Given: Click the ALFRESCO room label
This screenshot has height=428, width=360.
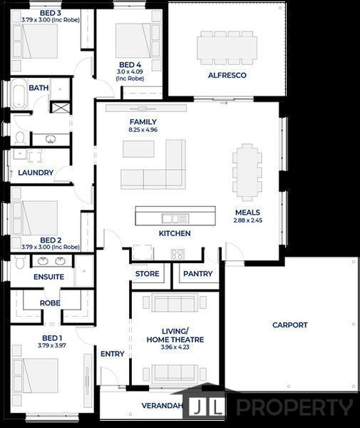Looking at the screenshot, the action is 227,75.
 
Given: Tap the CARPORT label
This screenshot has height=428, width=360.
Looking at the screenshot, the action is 290,325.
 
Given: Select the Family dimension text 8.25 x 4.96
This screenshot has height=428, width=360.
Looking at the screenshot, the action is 143,130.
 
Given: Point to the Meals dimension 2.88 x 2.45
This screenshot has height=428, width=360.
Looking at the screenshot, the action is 247,220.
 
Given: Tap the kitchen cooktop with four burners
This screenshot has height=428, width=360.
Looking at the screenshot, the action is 178,255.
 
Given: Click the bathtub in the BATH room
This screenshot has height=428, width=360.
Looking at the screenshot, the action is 19,93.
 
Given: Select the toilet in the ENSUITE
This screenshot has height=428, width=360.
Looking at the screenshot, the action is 20,262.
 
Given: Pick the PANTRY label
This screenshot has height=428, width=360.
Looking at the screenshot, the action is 197,273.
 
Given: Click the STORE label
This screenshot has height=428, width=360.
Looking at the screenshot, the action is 148,273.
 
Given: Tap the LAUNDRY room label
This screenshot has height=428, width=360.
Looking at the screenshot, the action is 36,173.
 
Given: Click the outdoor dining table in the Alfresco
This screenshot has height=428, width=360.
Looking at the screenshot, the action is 227,48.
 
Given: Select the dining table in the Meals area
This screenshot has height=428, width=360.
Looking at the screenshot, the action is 247,173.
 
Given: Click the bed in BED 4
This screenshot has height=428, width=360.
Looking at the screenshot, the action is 133,41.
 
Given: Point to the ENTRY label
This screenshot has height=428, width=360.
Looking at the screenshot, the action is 113,354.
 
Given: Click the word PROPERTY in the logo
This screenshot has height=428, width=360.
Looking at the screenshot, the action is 294,407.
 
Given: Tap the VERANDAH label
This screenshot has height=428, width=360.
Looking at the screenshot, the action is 162,406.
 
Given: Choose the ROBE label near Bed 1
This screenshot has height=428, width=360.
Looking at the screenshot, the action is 50,303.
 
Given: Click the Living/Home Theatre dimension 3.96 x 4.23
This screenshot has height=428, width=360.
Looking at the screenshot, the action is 175,347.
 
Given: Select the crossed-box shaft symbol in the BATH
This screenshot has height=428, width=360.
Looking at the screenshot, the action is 61,107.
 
